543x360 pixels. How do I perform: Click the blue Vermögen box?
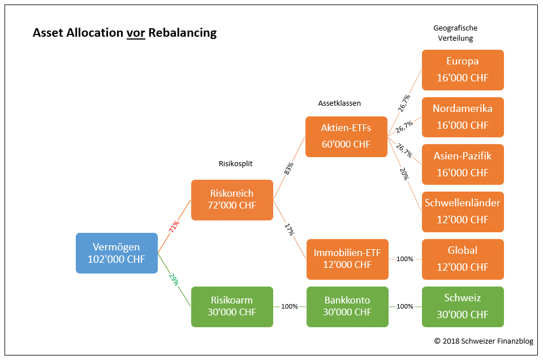point(117,253)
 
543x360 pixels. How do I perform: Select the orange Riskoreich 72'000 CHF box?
point(232,199)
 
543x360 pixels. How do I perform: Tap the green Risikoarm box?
point(232,306)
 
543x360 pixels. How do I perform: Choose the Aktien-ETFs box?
point(346,136)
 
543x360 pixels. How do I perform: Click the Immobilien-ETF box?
point(347,259)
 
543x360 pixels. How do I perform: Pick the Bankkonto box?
point(347,306)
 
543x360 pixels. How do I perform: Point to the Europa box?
point(462,70)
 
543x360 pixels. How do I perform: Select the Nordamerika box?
point(462,117)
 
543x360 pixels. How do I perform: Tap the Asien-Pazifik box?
point(462,164)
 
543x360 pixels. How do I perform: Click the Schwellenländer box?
point(462,211)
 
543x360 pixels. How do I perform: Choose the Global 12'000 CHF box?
point(462,259)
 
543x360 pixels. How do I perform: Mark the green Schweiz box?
point(462,306)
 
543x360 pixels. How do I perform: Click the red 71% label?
point(174,227)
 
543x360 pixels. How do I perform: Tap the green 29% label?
point(174,279)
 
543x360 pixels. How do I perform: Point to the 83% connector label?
point(289,168)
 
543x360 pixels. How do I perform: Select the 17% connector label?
point(289,229)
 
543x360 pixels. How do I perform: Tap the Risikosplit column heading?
point(235,164)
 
